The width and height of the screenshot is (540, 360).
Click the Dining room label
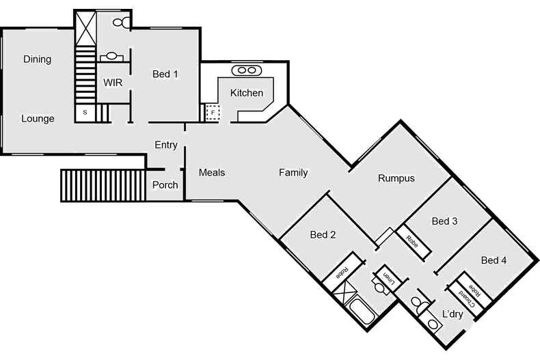[37, 59]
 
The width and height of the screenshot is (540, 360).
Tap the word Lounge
[38, 118]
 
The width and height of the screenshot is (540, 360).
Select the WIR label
[113, 82]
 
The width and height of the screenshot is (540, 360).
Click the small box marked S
[85, 112]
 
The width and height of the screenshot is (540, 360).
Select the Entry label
[166, 145]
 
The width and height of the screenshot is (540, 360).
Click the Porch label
[165, 185]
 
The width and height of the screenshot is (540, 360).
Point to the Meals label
[212, 173]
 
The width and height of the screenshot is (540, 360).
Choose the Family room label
[293, 173]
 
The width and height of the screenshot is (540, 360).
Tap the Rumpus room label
[396, 178]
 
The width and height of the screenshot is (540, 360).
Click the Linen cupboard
[386, 279]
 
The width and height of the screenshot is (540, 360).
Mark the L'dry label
[453, 315]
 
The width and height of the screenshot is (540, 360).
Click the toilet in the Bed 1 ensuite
[118, 23]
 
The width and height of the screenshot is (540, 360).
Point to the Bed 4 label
[494, 260]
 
